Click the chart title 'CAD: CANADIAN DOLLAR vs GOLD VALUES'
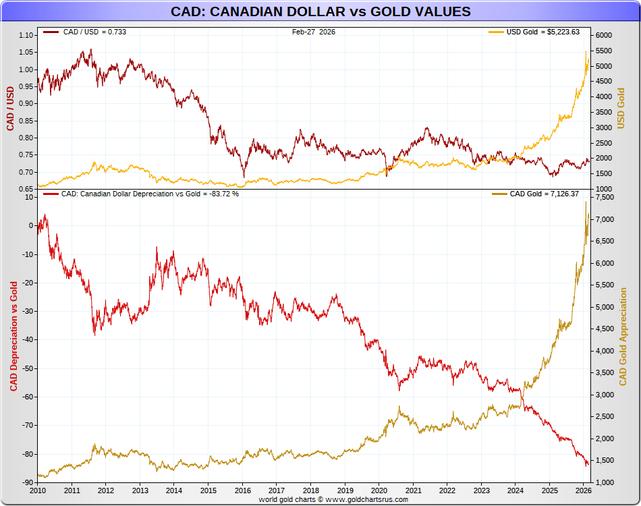tap(320, 12)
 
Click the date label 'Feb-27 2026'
tap(314, 32)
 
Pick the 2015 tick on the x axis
tap(208, 490)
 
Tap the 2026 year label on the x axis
tap(584, 490)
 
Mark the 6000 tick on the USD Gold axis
tap(603, 35)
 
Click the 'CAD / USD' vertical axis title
tap(10, 109)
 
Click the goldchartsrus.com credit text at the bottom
tap(333, 499)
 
